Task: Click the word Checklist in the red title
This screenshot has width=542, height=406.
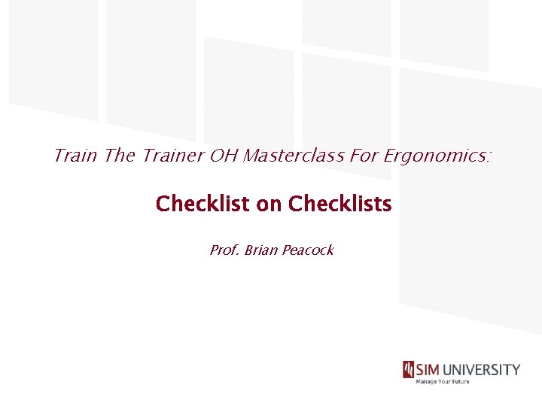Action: point(203,204)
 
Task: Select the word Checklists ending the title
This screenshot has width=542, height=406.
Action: point(340,204)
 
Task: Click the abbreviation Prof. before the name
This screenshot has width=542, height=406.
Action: point(224,250)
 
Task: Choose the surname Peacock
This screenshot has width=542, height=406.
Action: point(307,250)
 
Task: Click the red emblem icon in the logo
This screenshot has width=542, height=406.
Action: point(408,370)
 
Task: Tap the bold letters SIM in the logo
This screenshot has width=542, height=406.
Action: point(429,370)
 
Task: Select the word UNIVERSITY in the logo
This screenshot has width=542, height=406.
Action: point(483,370)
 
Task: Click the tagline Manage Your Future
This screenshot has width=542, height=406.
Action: point(443,382)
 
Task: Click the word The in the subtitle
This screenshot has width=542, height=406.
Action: point(119,156)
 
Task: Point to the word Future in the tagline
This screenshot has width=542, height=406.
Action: point(459,382)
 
